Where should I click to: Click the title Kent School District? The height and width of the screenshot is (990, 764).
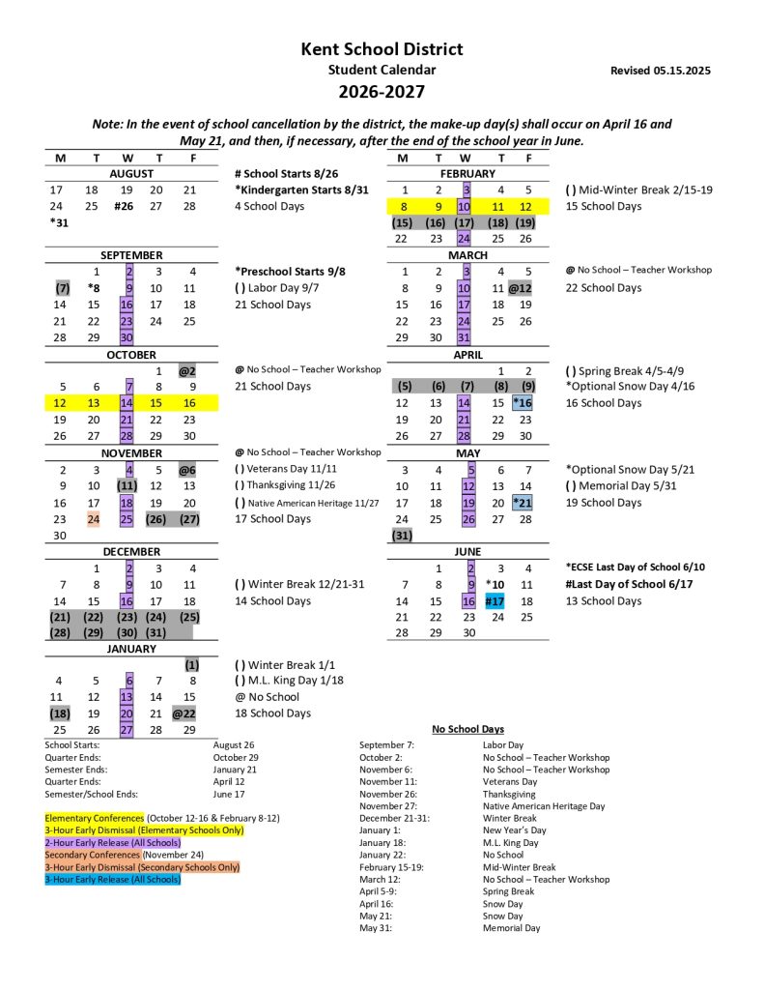(382, 49)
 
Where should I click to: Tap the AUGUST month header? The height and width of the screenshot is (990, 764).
(131, 173)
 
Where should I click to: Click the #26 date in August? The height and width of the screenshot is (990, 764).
(125, 206)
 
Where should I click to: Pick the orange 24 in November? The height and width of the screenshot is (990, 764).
(94, 519)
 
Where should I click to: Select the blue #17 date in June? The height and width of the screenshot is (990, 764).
(495, 601)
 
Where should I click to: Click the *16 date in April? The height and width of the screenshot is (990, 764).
(523, 403)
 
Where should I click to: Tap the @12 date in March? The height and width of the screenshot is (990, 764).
(523, 288)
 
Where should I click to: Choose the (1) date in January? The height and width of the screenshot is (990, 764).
(191, 665)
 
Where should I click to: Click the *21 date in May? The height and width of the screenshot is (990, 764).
(523, 503)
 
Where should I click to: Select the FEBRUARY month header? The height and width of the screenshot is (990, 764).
(467, 173)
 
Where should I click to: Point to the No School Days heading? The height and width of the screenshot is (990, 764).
(467, 729)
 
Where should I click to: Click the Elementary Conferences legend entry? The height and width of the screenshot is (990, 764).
(94, 818)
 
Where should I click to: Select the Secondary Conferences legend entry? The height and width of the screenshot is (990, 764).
(93, 855)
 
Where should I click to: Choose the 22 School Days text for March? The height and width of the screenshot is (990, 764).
(604, 288)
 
